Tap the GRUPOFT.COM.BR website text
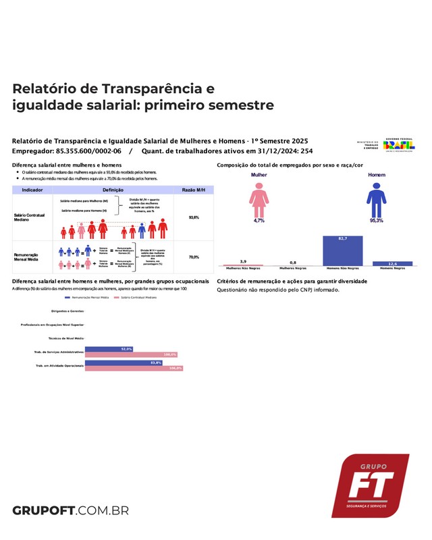click(70, 510)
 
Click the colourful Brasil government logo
click(400, 144)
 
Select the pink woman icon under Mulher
click(259, 199)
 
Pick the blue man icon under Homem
click(375, 199)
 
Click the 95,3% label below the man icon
click(375, 221)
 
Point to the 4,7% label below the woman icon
click(259, 221)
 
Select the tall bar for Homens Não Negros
click(343, 250)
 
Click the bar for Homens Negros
click(392, 263)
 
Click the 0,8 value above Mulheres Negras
click(293, 262)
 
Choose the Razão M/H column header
click(194, 191)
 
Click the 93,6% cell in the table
click(194, 217)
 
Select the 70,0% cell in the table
click(194, 257)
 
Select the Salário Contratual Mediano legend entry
click(142, 297)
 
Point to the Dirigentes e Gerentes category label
click(67, 310)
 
